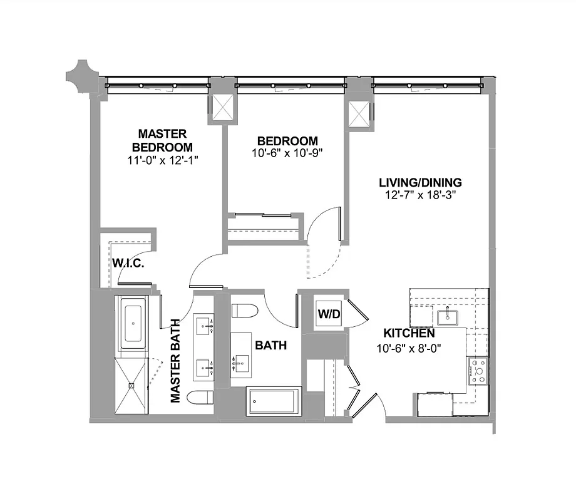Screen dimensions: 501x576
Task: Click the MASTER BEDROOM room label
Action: coord(162,140)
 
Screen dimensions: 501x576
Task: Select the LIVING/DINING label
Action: coord(420,183)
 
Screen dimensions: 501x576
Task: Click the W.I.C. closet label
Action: coord(128,264)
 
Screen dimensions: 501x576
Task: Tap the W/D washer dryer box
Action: coord(329,314)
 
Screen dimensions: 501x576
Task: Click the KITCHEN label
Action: coord(409,333)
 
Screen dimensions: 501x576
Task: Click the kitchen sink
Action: coord(448,316)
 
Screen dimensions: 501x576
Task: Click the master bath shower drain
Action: coord(131,386)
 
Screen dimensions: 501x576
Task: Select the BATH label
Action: coord(270,345)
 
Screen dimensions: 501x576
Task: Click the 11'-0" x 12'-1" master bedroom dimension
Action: coord(162,160)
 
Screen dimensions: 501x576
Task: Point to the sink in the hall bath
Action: coord(241,362)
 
